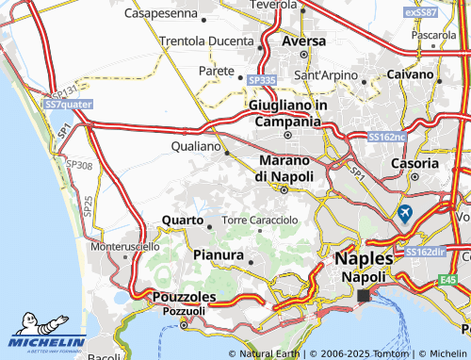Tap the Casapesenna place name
166,14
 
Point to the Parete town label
216,71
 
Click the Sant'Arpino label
326,74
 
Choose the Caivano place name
410,73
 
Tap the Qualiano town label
196,147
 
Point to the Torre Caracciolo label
260,220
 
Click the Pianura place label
218,254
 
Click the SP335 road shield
262,81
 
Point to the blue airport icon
405,213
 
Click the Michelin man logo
23,320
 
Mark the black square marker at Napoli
364,296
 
